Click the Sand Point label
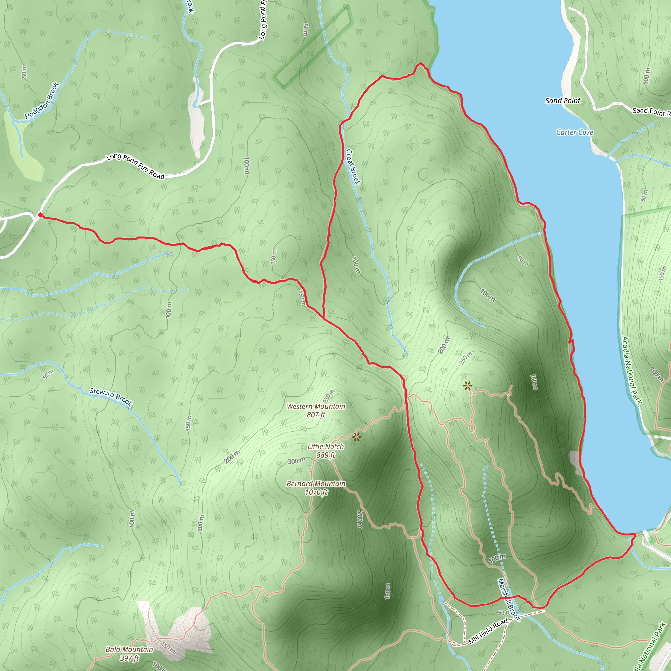(x=563, y=101)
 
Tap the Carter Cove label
(x=574, y=132)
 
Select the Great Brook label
(x=353, y=167)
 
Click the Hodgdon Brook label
(x=42, y=101)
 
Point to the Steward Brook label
(x=111, y=397)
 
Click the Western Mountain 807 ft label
(x=316, y=411)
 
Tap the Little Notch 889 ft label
(x=326, y=451)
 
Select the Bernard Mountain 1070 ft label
(x=316, y=488)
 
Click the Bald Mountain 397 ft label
(x=129, y=654)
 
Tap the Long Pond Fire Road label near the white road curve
(x=135, y=166)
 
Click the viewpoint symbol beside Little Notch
(x=357, y=437)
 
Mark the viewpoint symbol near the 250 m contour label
(x=468, y=386)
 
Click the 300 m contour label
(x=297, y=461)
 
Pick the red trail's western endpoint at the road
(x=40, y=215)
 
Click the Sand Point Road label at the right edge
(x=651, y=112)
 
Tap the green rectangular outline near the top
(x=313, y=47)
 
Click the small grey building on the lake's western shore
(x=574, y=462)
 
